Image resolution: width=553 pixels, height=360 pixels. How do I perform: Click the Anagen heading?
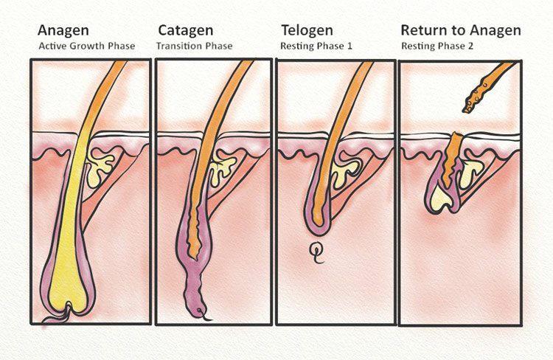click(63, 31)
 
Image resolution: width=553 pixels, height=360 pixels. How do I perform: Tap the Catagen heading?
click(186, 31)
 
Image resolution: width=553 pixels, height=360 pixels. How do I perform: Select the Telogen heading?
click(307, 31)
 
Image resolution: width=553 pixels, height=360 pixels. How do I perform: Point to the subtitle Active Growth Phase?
click(87, 46)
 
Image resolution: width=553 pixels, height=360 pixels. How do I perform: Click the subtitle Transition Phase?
click(195, 46)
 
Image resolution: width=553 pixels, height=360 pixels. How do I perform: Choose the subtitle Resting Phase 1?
click(316, 46)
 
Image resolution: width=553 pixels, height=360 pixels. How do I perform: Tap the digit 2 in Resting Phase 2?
click(470, 46)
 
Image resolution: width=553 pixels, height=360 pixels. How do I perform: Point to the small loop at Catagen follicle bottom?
click(201, 312)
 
